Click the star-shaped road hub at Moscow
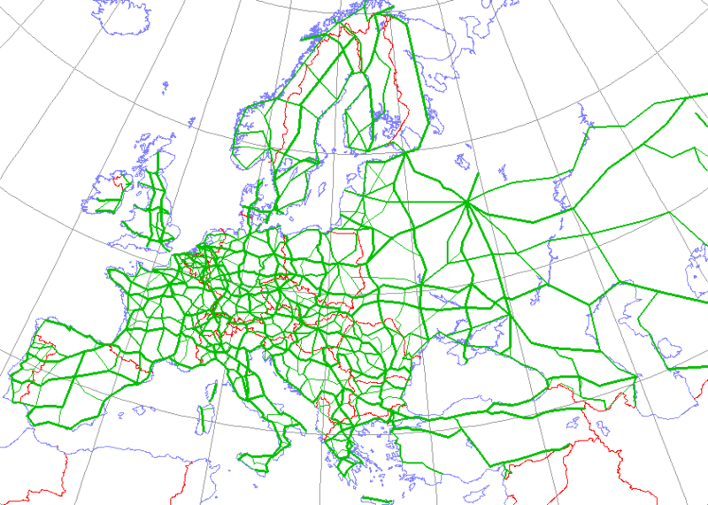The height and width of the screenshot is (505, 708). (466, 204)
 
